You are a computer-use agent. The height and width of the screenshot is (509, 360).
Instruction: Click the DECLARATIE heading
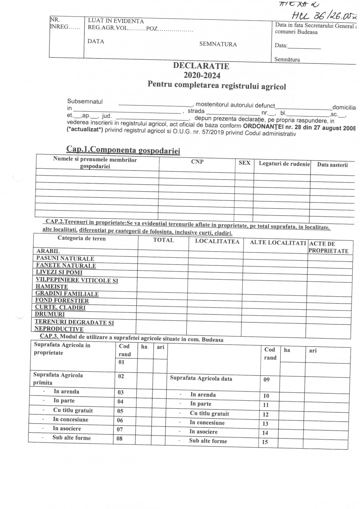[201, 66]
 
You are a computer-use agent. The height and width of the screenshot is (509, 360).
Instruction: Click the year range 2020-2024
[202, 75]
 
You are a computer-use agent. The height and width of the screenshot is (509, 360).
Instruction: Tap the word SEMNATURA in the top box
[218, 44]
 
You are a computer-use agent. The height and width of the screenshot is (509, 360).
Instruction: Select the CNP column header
[197, 162]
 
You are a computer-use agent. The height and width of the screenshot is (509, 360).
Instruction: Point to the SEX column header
[244, 163]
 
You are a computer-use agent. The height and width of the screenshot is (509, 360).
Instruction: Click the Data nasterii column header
[332, 165]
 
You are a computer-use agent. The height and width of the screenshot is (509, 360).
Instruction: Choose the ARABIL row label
[48, 251]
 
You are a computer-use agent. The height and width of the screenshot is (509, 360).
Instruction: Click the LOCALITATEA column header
[217, 241]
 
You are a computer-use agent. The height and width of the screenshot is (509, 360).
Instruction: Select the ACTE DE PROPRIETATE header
[328, 247]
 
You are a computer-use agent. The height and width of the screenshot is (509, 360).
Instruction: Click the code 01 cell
[121, 362]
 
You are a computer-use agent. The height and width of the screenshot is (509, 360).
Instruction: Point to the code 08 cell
[119, 438]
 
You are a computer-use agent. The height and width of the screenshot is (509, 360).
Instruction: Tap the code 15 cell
[265, 442]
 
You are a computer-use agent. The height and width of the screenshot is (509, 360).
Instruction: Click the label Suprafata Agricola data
[201, 378]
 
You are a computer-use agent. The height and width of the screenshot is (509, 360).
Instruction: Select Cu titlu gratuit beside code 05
[73, 410]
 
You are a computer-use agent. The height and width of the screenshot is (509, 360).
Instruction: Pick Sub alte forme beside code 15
[208, 441]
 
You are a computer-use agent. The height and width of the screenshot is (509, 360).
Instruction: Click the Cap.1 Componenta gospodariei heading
[123, 150]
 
